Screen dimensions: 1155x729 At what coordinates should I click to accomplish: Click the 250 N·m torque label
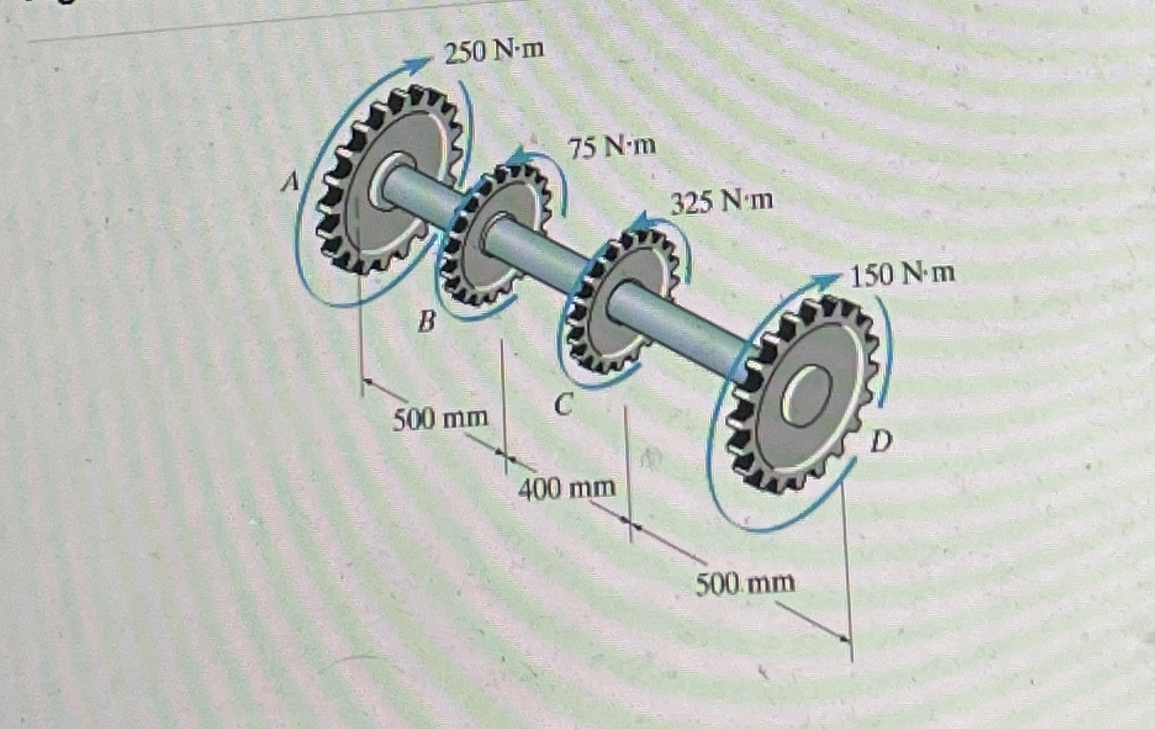[494, 52]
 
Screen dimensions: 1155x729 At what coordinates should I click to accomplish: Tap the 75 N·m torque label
[613, 147]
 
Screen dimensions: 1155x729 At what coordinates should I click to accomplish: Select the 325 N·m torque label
[722, 201]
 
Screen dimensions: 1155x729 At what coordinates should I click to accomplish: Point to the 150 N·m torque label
[902, 275]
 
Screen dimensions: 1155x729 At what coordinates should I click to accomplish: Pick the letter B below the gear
[427, 322]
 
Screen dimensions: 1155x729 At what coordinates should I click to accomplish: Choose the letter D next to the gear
[881, 442]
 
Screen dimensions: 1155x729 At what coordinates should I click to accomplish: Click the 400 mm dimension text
[567, 488]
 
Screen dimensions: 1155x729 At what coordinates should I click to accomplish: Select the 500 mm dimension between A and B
[441, 419]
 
